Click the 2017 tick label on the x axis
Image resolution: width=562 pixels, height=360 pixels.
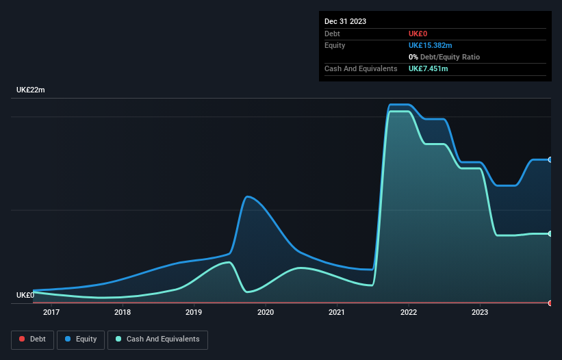click(51, 313)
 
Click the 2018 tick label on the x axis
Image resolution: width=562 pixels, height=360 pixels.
click(123, 313)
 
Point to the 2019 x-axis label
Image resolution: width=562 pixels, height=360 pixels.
click(194, 313)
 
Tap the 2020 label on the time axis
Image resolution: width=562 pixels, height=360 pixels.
click(266, 313)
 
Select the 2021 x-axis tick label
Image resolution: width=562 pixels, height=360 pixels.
click(337, 313)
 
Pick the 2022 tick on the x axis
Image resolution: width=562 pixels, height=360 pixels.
click(409, 313)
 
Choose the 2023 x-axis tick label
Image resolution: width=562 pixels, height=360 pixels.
click(480, 313)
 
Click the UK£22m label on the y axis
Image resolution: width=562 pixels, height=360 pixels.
click(31, 90)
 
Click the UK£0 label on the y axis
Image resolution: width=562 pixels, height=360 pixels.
click(25, 296)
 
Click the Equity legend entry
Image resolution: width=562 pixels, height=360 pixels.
click(81, 339)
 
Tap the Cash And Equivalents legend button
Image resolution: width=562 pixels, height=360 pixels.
click(157, 339)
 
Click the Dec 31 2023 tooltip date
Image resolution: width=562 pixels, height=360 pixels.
click(345, 21)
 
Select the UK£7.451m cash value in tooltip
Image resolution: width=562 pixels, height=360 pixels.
click(428, 68)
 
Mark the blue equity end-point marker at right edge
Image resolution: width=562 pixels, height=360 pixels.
click(550, 159)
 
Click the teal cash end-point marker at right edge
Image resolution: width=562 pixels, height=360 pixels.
click(550, 234)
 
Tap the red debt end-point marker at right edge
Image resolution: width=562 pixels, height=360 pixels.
click(550, 303)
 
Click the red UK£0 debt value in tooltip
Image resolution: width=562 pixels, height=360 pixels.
click(418, 34)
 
